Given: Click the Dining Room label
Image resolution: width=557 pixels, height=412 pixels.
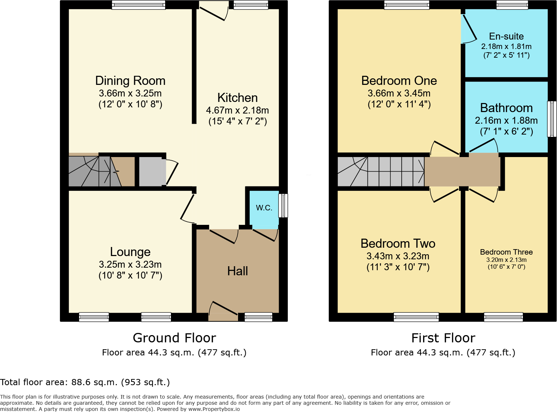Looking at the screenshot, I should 130,81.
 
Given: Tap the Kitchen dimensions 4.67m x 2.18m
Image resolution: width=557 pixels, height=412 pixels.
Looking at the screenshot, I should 237,110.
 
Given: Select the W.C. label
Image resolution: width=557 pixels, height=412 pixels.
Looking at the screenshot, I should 264,208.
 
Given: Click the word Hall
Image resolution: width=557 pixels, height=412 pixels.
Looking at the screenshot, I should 237,271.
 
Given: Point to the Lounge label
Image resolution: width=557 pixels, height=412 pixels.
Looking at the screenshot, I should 130,252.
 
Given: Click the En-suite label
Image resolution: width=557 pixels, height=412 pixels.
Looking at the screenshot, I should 506,36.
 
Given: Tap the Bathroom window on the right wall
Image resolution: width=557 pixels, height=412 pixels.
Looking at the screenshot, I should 552,119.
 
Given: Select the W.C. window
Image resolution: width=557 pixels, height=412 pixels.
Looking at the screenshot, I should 283,206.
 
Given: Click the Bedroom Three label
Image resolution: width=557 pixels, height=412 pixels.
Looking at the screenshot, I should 506,252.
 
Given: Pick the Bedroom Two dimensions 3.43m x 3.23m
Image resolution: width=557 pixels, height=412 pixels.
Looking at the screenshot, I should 398,256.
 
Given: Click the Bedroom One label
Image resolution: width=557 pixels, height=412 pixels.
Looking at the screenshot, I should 399,81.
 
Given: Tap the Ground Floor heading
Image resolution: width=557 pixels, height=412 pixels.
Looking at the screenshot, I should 174,338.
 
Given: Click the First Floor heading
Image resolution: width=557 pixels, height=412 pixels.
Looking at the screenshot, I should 443,338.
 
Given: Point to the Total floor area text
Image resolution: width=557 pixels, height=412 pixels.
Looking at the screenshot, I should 85,382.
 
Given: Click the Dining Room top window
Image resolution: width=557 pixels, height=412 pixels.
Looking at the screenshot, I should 138,5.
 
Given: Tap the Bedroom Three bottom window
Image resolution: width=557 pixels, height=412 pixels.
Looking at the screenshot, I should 503,317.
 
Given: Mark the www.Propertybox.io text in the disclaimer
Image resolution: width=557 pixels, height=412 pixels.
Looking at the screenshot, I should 214,409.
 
